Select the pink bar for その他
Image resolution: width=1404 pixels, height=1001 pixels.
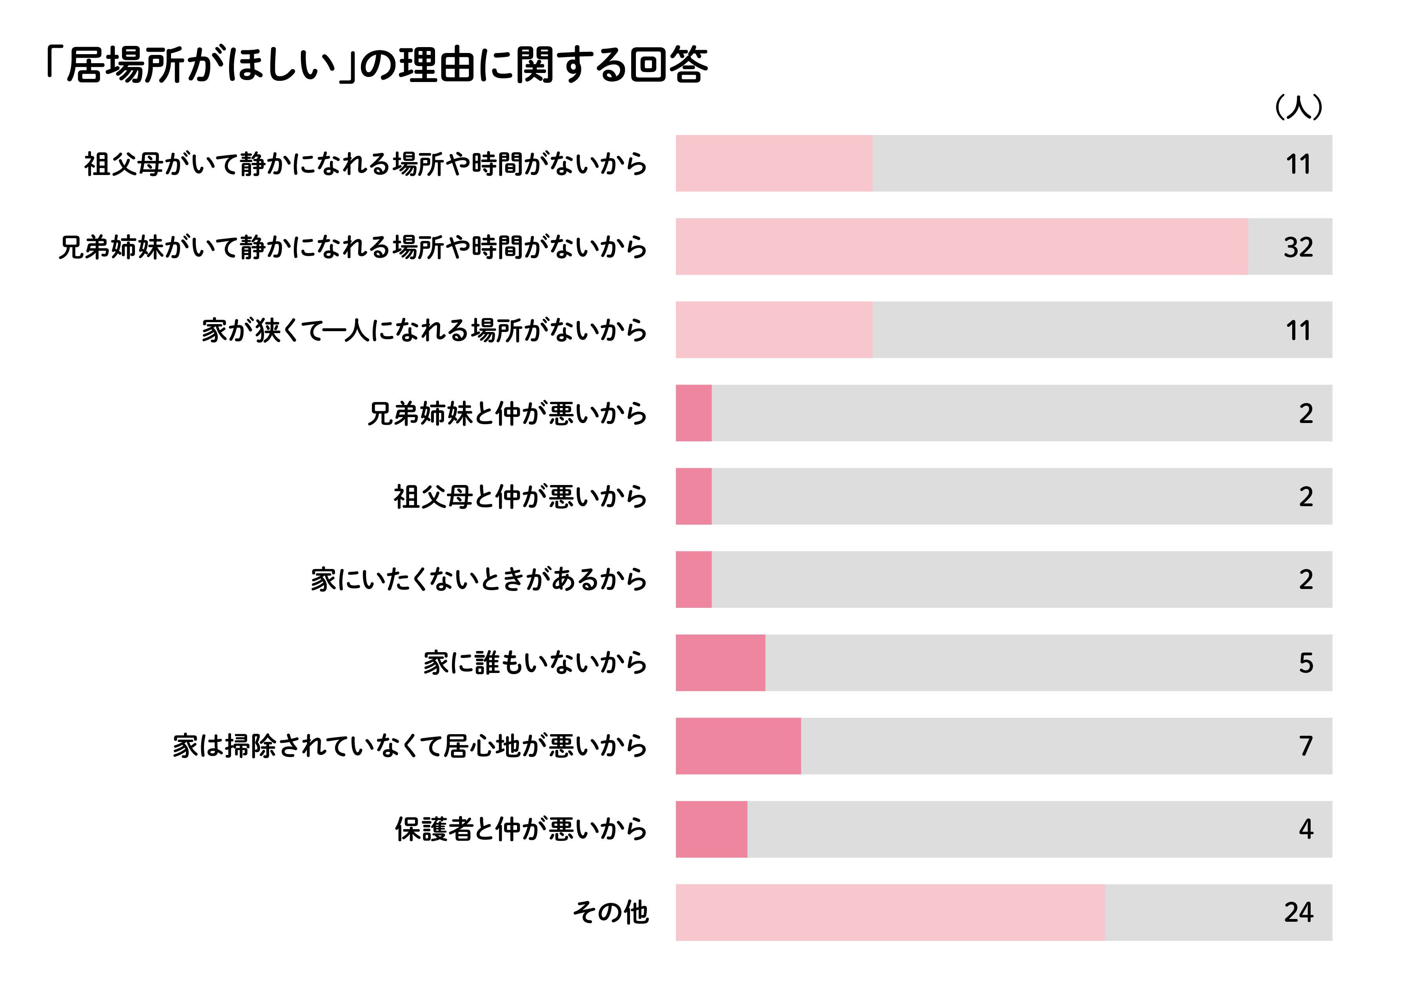tap(890, 912)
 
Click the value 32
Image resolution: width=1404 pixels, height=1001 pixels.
tap(1298, 247)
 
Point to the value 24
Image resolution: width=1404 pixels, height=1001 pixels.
tap(1298, 912)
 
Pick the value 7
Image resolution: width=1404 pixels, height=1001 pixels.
tap(1306, 746)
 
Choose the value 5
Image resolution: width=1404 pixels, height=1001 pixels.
tap(1306, 663)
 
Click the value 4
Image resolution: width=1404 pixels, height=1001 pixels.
tap(1306, 830)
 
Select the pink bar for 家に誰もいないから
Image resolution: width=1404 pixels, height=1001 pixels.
tap(720, 663)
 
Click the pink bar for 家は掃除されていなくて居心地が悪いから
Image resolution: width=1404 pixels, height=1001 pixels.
tap(738, 746)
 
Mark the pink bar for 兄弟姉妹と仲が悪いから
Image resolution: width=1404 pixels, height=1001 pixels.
tap(693, 413)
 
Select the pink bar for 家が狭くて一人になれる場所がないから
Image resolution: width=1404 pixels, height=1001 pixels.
tap(774, 330)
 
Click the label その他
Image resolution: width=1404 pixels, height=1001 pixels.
tap(610, 912)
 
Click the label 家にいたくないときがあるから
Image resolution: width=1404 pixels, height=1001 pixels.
tap(479, 580)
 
